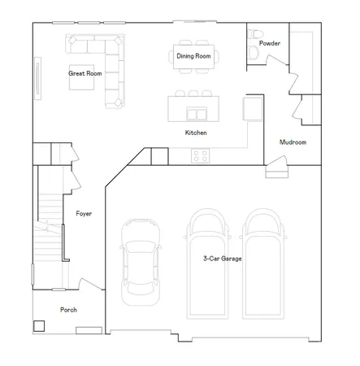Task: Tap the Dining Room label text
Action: pyautogui.click(x=193, y=56)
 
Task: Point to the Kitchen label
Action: pyautogui.click(x=196, y=132)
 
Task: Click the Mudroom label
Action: pyautogui.click(x=293, y=142)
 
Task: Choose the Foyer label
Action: pyautogui.click(x=84, y=214)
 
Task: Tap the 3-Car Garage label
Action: pyautogui.click(x=222, y=259)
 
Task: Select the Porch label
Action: pyautogui.click(x=68, y=310)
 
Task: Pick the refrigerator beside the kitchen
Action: pyautogui.click(x=253, y=110)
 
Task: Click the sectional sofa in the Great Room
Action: pyautogui.click(x=111, y=65)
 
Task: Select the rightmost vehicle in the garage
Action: pyautogui.click(x=266, y=264)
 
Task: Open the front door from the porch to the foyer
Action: pyautogui.click(x=87, y=285)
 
